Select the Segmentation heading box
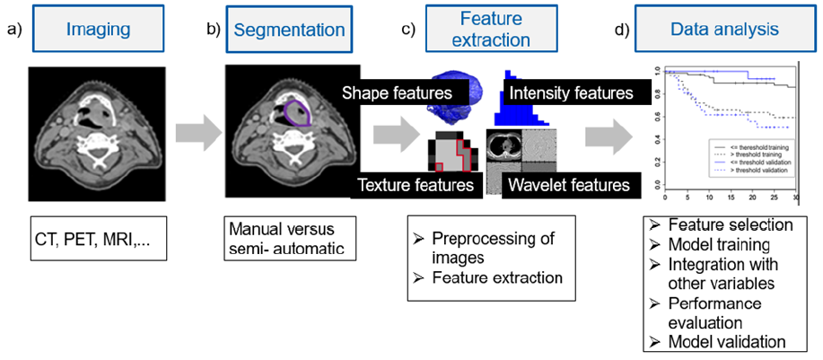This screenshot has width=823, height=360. pos(289,30)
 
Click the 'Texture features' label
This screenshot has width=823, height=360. pos(415,186)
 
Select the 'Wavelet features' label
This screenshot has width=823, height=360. pos(567,186)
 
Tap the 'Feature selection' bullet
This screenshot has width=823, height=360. pos(725,224)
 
